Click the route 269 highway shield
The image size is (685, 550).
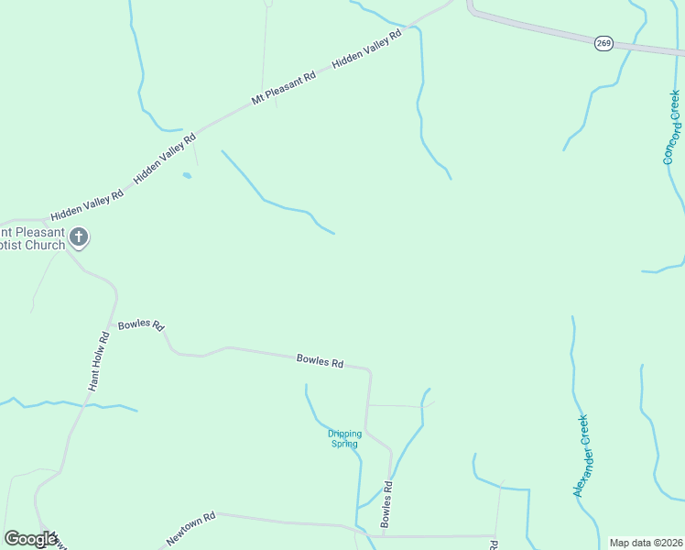[x=603, y=43]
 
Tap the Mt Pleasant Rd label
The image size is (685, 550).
[x=284, y=87]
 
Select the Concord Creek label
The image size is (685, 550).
[x=673, y=127]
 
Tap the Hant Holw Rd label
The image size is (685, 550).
[x=99, y=361]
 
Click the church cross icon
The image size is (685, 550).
[x=80, y=238]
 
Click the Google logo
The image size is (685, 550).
[x=29, y=539]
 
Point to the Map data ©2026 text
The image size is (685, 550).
[x=646, y=543]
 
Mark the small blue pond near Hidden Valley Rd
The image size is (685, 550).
[x=188, y=174]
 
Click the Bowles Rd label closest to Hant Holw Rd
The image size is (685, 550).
[x=141, y=324]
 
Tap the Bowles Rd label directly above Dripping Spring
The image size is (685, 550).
[x=320, y=361]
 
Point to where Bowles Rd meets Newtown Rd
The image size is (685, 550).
[x=383, y=533]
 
